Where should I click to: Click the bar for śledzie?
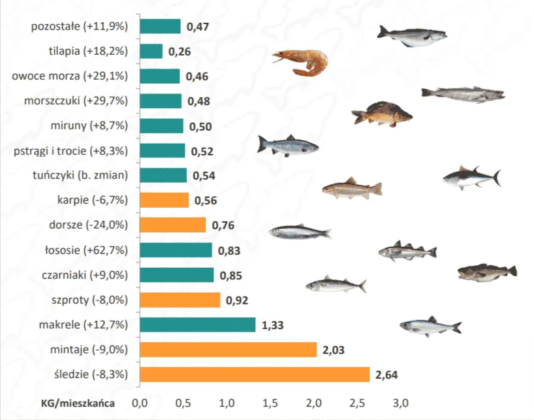[x=255, y=374]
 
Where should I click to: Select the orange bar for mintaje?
[x=228, y=349]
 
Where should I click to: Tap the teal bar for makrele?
[x=197, y=325]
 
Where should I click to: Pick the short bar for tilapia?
[x=151, y=51]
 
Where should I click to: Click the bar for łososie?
[x=176, y=250]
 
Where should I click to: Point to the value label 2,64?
[x=386, y=375]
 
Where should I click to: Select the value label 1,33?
[x=274, y=325]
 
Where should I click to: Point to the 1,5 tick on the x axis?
[x=270, y=402]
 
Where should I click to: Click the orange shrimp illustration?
[x=300, y=63]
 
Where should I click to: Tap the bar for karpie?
[x=164, y=200]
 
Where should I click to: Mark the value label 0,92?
[x=238, y=300]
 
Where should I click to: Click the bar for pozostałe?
[x=160, y=26]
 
